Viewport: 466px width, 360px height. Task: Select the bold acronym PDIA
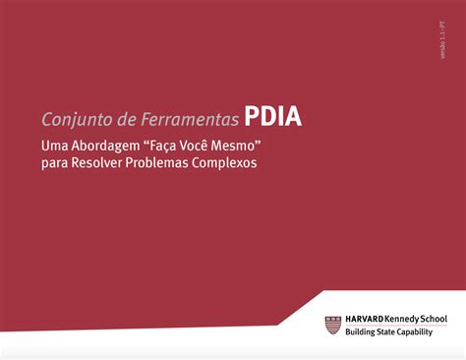pyautogui.click(x=273, y=118)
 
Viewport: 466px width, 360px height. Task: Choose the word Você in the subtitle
pyautogui.click(x=204, y=146)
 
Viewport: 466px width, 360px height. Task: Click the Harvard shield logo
pyautogui.click(x=334, y=326)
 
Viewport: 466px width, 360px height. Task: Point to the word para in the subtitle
pyautogui.click(x=55, y=163)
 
